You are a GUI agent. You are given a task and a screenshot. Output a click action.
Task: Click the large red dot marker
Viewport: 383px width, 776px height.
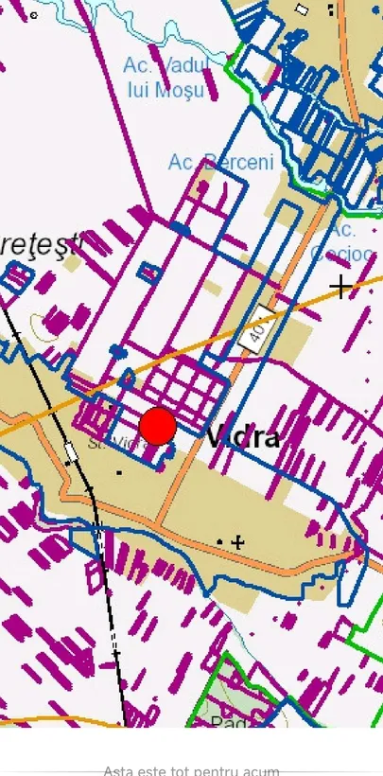click(x=158, y=426)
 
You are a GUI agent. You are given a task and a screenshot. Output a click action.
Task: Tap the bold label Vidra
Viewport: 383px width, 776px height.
click(x=244, y=437)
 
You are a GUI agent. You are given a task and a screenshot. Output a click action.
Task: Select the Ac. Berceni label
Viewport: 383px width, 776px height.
click(x=220, y=162)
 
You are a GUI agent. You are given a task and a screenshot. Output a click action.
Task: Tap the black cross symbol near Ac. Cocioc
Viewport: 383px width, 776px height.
click(x=341, y=285)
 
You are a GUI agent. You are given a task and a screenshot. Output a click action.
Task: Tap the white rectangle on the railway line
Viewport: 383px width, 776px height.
click(x=70, y=452)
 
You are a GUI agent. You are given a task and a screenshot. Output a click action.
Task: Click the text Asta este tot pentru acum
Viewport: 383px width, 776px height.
click(x=191, y=770)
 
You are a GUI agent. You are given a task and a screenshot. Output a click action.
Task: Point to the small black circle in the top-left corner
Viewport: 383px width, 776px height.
click(x=34, y=15)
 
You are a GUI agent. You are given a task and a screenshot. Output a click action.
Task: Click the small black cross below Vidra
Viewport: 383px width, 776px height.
click(x=238, y=542)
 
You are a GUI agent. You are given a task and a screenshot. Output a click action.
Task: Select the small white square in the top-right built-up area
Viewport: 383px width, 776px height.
click(x=302, y=9)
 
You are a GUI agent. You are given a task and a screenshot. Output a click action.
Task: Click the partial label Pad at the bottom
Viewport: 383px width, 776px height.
click(x=228, y=721)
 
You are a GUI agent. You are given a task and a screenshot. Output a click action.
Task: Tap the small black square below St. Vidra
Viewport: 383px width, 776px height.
click(x=119, y=471)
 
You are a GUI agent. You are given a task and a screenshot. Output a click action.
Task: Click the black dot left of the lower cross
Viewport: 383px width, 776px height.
click(x=220, y=541)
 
